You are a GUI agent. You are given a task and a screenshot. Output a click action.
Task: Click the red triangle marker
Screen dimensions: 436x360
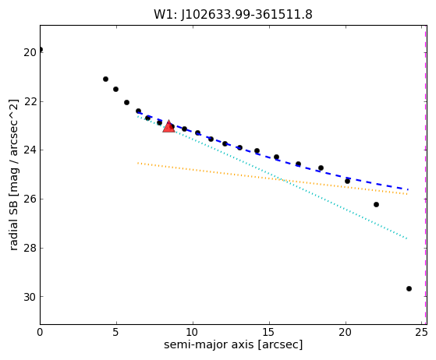coord(168,127)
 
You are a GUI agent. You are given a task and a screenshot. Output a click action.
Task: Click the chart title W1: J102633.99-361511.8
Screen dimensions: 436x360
coord(233,15)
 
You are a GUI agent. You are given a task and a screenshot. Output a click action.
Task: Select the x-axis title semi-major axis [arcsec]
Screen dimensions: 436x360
coord(233,344)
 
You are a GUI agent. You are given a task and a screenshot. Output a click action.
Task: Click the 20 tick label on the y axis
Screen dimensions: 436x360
coord(30,52)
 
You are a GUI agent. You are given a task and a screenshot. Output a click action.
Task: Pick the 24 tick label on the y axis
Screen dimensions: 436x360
coord(30,150)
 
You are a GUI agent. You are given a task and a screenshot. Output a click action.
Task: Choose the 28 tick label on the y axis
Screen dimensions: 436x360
coord(30,248)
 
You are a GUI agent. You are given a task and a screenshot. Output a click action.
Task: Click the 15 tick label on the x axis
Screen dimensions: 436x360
coord(269,332)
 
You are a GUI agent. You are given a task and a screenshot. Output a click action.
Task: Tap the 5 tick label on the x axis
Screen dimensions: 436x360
coord(116,332)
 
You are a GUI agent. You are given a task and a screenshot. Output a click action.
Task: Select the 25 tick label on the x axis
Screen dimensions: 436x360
coord(422,332)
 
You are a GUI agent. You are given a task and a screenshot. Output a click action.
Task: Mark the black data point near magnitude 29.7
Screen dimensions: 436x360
coord(409,289)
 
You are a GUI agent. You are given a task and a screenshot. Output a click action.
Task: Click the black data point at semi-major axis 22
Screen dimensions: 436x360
coord(376,205)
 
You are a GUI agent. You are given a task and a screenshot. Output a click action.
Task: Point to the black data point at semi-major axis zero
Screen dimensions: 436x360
coord(40,50)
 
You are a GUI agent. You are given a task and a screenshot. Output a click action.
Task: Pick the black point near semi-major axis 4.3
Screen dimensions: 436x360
coord(105,79)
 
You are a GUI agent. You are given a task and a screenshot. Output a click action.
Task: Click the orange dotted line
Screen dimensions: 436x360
coord(272,178)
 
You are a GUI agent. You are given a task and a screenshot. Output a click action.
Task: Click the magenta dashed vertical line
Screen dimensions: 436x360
coord(425,175)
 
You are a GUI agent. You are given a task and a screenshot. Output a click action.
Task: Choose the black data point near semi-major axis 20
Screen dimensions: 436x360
coord(347,181)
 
